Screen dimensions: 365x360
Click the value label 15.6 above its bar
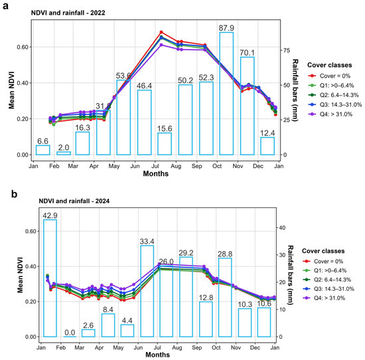(x=165, y=129)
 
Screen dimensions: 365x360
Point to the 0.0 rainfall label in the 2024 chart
(x=70, y=332)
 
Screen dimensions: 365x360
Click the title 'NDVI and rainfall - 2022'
(x=68, y=13)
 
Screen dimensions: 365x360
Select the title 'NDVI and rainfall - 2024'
(x=74, y=201)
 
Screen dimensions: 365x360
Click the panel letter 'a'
(x=5, y=6)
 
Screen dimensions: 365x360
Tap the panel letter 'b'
(x=14, y=194)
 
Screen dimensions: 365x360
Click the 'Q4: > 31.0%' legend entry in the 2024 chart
(x=324, y=298)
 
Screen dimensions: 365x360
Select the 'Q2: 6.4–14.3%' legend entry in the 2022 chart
(x=333, y=95)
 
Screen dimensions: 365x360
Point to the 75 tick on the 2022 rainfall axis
(x=287, y=50)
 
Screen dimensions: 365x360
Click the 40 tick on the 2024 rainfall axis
(x=282, y=228)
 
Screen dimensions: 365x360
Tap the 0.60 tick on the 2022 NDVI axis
(x=23, y=47)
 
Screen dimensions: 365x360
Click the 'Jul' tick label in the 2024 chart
(x=157, y=347)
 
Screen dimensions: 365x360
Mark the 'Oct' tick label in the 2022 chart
(x=217, y=166)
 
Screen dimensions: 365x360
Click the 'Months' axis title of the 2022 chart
(x=156, y=173)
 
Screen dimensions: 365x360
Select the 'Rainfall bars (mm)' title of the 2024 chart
(x=290, y=275)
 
